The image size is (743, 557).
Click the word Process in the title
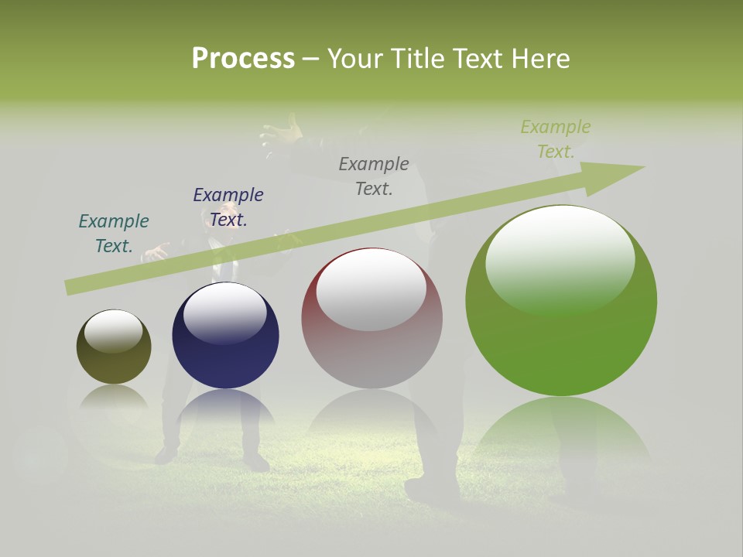coord(243,59)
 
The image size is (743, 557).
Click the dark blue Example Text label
coord(228,207)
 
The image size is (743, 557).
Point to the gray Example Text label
coord(374,176)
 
